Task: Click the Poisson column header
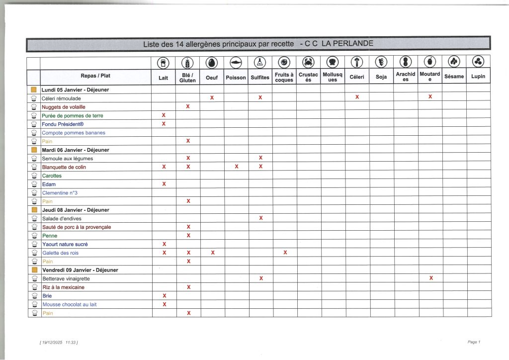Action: (x=236, y=77)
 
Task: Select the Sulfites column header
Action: (x=260, y=77)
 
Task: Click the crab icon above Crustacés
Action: (x=308, y=62)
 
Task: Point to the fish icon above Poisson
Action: (x=236, y=62)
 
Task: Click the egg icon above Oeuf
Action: (x=212, y=62)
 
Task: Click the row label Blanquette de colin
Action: (x=64, y=167)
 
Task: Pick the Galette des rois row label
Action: (x=61, y=253)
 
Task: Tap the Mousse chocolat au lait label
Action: (x=70, y=304)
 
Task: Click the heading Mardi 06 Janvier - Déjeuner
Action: (x=76, y=150)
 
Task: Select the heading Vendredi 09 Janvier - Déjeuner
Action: (x=80, y=270)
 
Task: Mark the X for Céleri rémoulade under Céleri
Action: (x=357, y=97)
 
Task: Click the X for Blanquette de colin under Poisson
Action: (x=236, y=167)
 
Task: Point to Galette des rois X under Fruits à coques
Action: (x=285, y=253)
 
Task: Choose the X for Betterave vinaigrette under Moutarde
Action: (x=430, y=278)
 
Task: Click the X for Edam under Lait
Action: (x=164, y=184)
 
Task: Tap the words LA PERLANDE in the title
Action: (x=347, y=44)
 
